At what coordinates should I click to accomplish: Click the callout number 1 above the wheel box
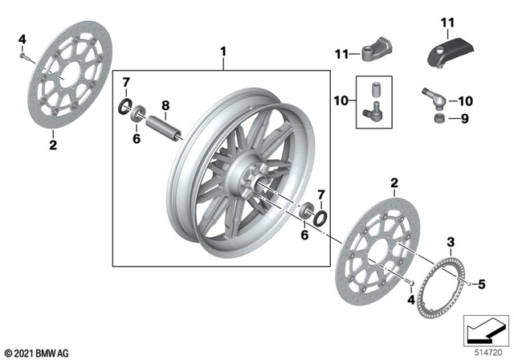coord(224,52)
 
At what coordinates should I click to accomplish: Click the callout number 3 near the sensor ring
coord(451,242)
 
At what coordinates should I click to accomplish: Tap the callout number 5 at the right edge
coord(482,282)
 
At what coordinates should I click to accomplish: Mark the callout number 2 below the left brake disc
coord(53,145)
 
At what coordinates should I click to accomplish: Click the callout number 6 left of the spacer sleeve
coord(137,138)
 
